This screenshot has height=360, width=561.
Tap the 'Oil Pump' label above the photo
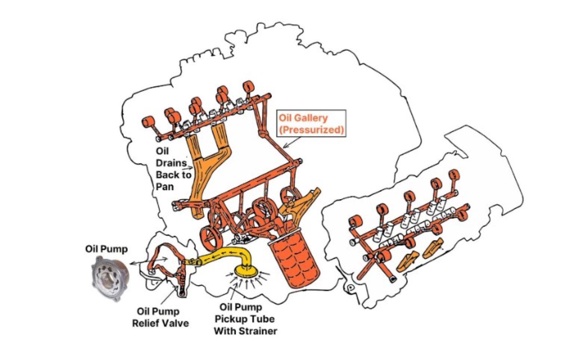pyautogui.click(x=106, y=249)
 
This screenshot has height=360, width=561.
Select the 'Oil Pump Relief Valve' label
pyautogui.click(x=160, y=317)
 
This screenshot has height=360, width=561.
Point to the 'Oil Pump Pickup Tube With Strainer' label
pyautogui.click(x=245, y=319)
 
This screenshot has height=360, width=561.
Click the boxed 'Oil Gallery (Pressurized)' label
pyautogui.click(x=311, y=124)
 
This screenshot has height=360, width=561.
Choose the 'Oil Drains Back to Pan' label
pyautogui.click(x=173, y=169)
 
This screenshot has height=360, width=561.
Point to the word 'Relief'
pyautogui.click(x=148, y=323)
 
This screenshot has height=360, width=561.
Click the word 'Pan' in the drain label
pyautogui.click(x=165, y=186)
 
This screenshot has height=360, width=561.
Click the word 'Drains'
pyautogui.click(x=171, y=163)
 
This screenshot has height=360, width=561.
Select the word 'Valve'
pyautogui.click(x=177, y=323)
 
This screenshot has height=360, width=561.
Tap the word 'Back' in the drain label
pyautogui.click(x=167, y=175)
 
